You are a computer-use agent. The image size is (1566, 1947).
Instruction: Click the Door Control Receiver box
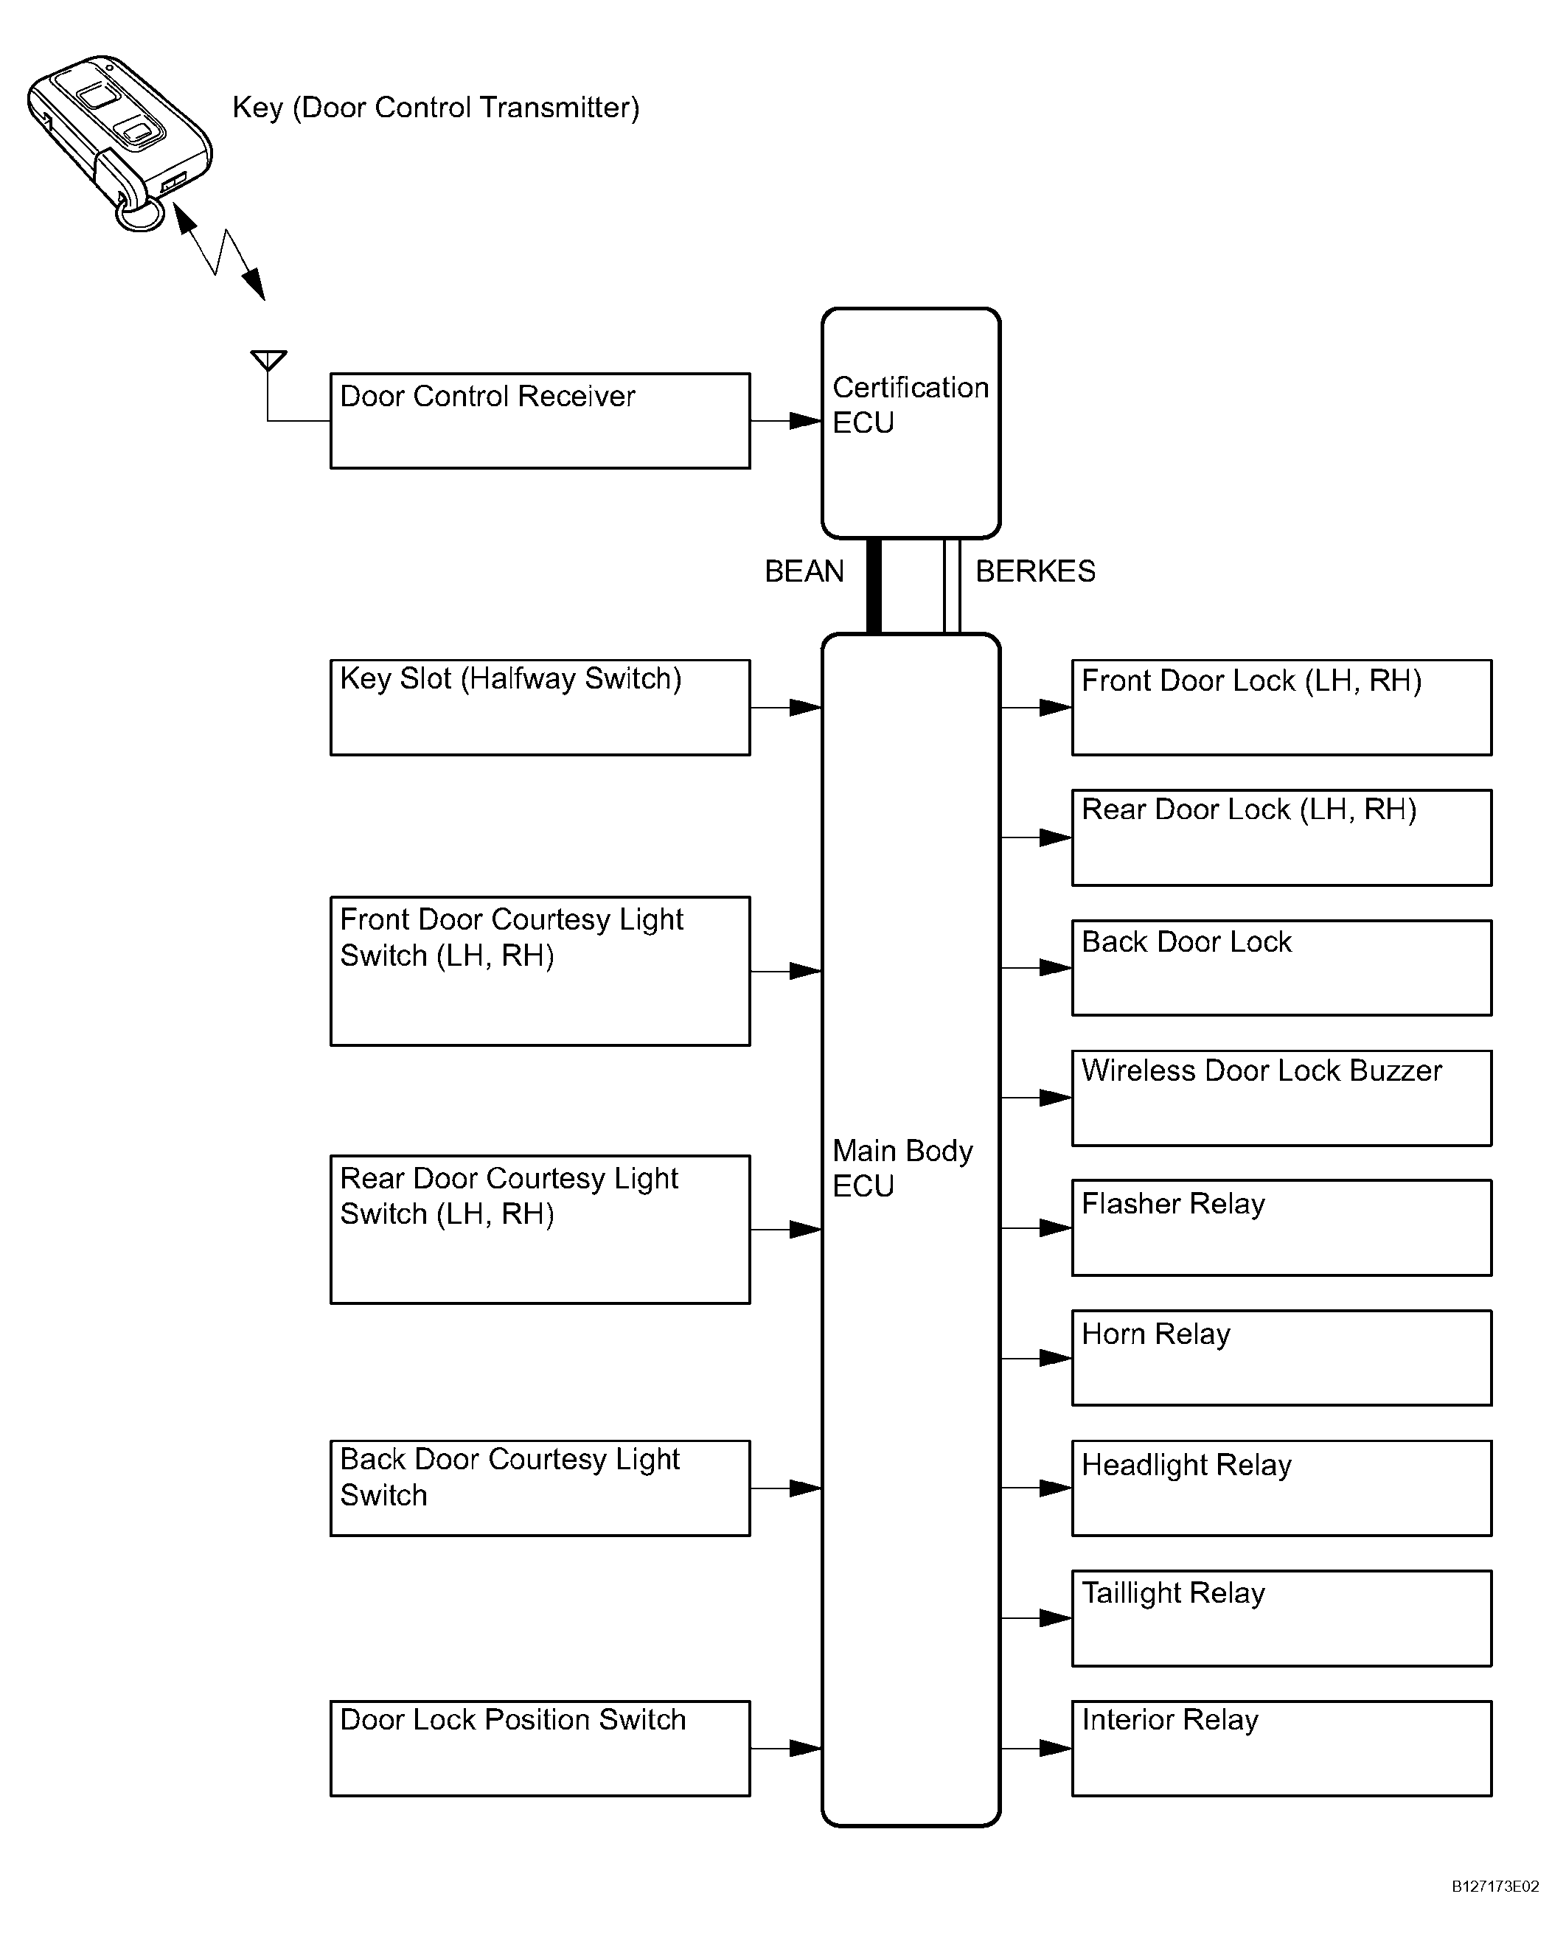pos(540,421)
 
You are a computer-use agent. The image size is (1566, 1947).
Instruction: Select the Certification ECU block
pos(911,422)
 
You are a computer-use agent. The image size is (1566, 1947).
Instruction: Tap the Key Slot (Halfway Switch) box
pos(540,707)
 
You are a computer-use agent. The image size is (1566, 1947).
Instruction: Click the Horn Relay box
pos(1281,1358)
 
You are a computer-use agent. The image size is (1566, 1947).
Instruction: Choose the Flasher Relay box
pos(1281,1228)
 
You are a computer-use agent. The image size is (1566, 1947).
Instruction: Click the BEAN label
pos(804,571)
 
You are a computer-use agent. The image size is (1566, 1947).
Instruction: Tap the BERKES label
pos(1035,571)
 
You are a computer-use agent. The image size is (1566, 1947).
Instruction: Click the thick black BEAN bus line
pos(873,586)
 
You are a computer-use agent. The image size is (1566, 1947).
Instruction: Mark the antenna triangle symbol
pos(268,360)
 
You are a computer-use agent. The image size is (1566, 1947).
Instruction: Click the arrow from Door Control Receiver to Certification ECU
pos(786,421)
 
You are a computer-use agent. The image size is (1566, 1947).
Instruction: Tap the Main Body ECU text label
pos(902,1168)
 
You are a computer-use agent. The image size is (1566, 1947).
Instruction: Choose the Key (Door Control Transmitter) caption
pos(435,108)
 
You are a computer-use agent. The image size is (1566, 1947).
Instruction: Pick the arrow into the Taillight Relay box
pos(1037,1618)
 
